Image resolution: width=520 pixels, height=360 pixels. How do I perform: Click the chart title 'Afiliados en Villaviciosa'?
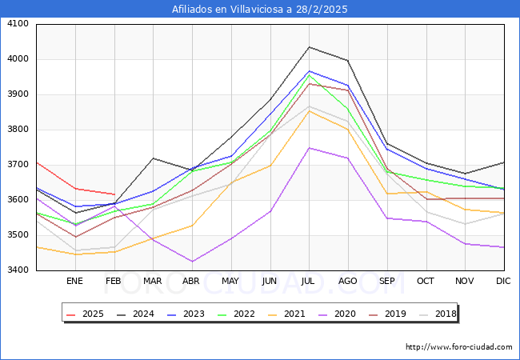(260, 10)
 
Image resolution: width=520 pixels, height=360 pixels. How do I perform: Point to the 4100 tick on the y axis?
(18, 24)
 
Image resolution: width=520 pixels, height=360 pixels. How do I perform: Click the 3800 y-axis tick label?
(18, 130)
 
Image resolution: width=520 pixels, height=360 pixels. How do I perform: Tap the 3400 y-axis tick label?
(18, 270)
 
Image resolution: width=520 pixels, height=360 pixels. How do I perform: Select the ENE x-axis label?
(74, 281)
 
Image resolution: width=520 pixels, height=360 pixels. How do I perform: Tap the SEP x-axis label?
(387, 281)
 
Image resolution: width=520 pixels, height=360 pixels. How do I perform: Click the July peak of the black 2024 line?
(309, 47)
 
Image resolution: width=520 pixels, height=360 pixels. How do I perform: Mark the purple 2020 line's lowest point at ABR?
(191, 262)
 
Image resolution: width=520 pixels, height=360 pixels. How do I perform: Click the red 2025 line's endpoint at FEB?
(114, 194)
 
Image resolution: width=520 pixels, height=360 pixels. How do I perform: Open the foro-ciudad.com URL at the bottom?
(458, 347)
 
